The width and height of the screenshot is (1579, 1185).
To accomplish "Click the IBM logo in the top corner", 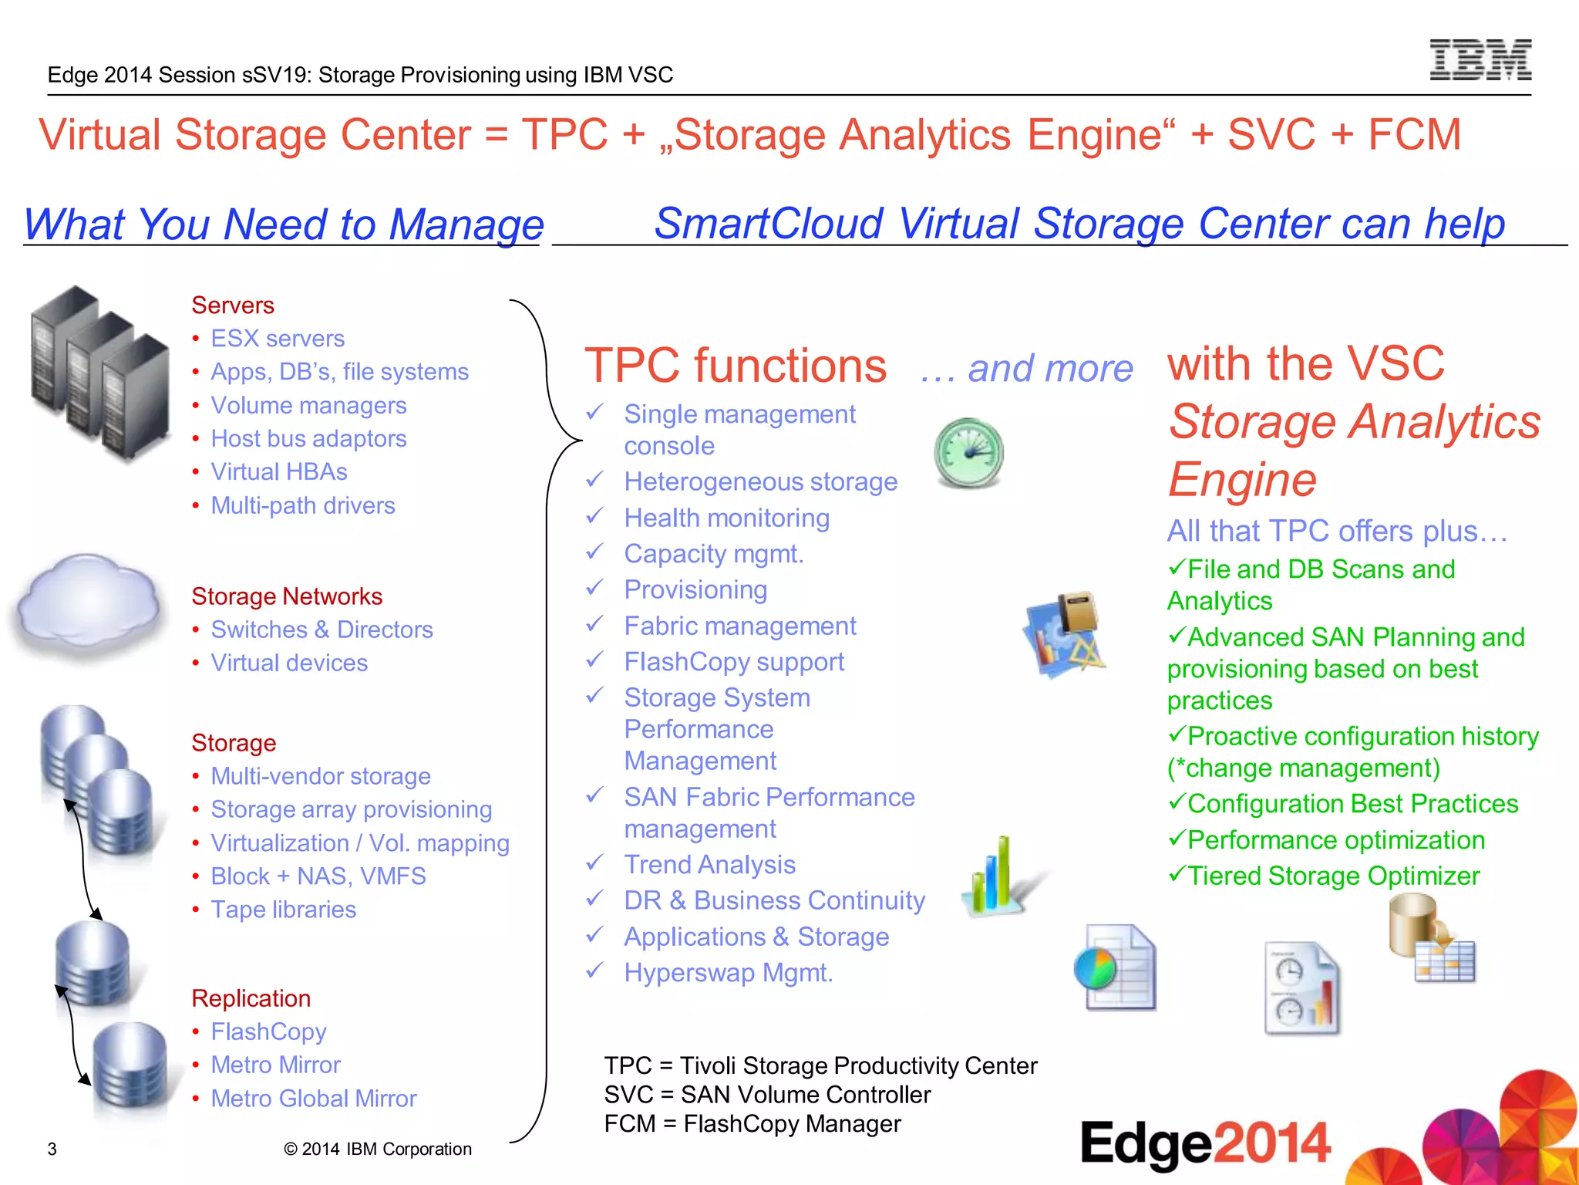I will pyautogui.click(x=1480, y=60).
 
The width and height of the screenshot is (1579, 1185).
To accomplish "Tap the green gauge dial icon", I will pyautogui.click(x=968, y=453).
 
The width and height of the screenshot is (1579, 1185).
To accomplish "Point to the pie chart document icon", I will pyautogui.click(x=1115, y=967).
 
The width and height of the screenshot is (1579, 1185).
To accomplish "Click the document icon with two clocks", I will pyautogui.click(x=1302, y=988).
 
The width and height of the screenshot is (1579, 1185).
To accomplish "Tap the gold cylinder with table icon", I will pyautogui.click(x=1431, y=938).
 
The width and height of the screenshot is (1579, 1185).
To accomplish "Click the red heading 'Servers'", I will pyautogui.click(x=233, y=306).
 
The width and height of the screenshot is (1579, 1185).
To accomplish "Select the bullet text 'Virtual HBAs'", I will pyautogui.click(x=279, y=472).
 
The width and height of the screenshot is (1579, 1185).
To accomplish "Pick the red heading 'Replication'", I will pyautogui.click(x=251, y=998).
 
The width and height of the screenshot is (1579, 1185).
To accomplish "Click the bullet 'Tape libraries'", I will pyautogui.click(x=283, y=910).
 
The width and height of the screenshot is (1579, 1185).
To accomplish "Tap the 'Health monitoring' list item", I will pyautogui.click(x=726, y=518).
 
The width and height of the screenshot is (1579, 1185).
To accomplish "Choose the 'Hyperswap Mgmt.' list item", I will pyautogui.click(x=729, y=973).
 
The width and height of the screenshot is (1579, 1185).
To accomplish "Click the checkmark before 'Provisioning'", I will pyautogui.click(x=594, y=588).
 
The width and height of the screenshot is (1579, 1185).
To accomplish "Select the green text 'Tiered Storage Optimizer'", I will pyautogui.click(x=1333, y=876).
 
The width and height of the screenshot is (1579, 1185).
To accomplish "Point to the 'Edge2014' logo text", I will pyautogui.click(x=1205, y=1143).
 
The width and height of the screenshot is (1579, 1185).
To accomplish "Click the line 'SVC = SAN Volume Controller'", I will pyautogui.click(x=767, y=1095).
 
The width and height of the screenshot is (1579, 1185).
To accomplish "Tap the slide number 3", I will pyautogui.click(x=52, y=1150).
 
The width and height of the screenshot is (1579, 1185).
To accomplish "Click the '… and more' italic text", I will pyautogui.click(x=1027, y=369).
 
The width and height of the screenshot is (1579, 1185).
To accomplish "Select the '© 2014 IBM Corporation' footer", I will pyautogui.click(x=378, y=1150).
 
